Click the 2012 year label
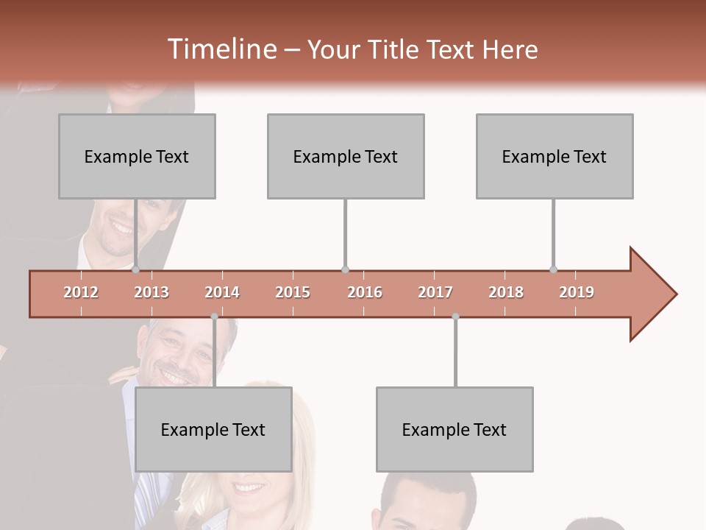pyautogui.click(x=81, y=292)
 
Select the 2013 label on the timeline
pyautogui.click(x=151, y=292)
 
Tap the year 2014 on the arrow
pyautogui.click(x=222, y=292)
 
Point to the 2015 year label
pyautogui.click(x=293, y=292)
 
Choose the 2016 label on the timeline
pyautogui.click(x=365, y=292)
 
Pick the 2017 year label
pyautogui.click(x=435, y=292)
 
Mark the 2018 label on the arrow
pyautogui.click(x=506, y=292)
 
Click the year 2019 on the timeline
pyautogui.click(x=577, y=292)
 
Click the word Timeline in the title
pyautogui.click(x=220, y=49)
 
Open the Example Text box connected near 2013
pyautogui.click(x=137, y=156)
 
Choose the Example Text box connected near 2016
pyautogui.click(x=346, y=156)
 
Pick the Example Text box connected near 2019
pyautogui.click(x=555, y=156)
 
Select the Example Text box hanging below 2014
pyautogui.click(x=213, y=429)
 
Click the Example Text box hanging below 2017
pyautogui.click(x=454, y=429)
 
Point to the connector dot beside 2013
pyautogui.click(x=135, y=269)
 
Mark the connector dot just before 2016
pyautogui.click(x=345, y=269)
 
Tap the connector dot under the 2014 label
pyautogui.click(x=214, y=317)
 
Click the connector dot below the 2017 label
pyautogui.click(x=455, y=317)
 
